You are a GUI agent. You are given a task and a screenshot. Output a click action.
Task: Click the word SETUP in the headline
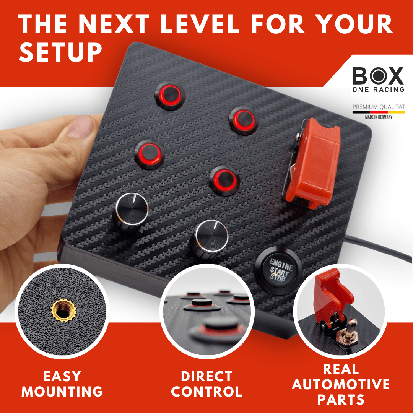tap(60, 52)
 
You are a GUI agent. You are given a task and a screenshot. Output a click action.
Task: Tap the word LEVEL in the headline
tap(199, 24)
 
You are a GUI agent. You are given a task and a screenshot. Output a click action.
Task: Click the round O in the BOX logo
tap(379, 76)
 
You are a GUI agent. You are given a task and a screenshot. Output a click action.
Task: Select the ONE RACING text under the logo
tap(378, 89)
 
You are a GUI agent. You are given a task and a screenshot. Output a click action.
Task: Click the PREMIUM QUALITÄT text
tap(379, 107)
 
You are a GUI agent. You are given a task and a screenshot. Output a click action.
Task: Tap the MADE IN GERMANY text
tap(379, 117)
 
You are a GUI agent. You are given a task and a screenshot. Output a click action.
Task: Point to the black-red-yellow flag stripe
tap(379, 112)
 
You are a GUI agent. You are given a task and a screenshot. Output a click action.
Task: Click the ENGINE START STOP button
tap(278, 270)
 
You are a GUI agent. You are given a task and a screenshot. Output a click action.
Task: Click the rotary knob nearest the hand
tap(131, 211)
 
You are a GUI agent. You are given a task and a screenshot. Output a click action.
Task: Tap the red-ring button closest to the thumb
tap(150, 154)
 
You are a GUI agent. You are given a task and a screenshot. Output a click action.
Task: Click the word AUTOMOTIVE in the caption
tap(341, 384)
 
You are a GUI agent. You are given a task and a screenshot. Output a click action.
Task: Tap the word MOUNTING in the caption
tap(62, 392)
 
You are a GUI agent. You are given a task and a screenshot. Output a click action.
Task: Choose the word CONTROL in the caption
tap(206, 392)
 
